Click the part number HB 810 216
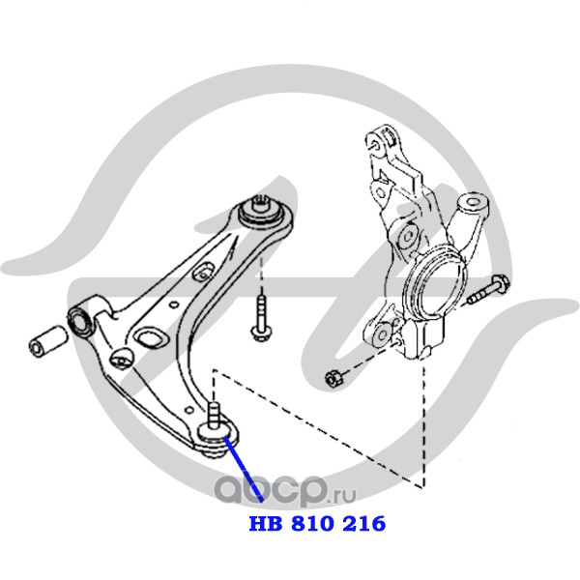tap(318, 524)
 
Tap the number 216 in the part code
tap(363, 524)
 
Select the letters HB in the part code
tap(263, 524)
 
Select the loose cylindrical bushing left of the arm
tap(45, 340)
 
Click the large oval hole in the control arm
tap(149, 337)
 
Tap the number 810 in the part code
tap(317, 524)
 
